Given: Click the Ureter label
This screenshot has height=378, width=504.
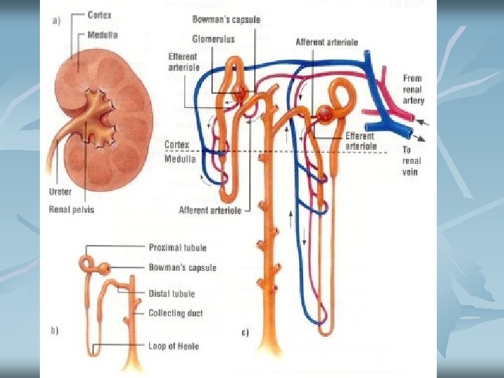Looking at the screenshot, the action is click(62, 190).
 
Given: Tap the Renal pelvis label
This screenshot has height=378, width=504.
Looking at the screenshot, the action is click(72, 208).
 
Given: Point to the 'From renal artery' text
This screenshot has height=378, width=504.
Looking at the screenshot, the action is click(413, 90).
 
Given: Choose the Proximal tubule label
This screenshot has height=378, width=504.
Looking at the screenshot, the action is click(177, 247).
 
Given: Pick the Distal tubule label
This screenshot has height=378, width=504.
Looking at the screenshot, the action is click(171, 293).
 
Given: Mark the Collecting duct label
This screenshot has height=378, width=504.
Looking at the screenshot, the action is click(176, 313).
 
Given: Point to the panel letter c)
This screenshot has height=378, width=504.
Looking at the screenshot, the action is click(244, 332).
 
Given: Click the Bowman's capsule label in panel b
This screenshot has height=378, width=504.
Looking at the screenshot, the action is click(182, 267).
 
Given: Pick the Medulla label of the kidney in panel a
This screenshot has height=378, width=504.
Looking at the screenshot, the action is click(103, 34).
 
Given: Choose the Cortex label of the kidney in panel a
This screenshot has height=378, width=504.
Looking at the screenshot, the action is click(101, 15).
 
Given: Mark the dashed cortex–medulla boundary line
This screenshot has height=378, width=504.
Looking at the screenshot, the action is click(294, 152).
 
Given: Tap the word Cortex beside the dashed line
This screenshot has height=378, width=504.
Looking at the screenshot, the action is click(176, 145).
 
